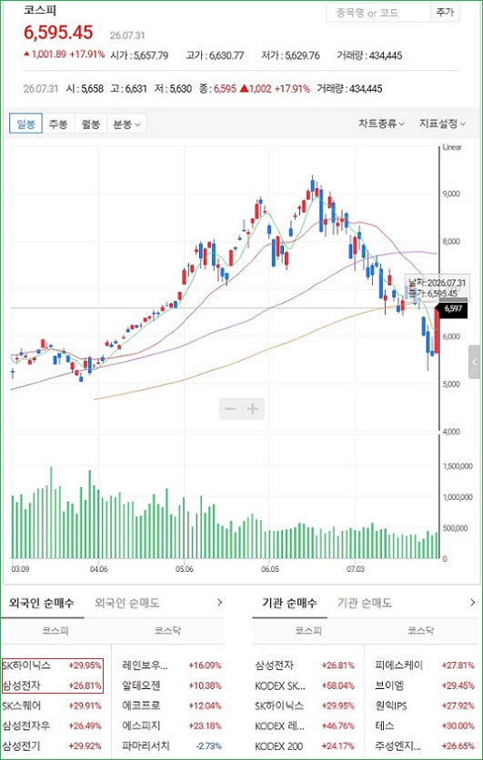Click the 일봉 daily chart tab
point(26,124)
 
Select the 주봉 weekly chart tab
point(58,124)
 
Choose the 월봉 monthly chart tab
point(91,124)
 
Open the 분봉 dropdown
point(126,124)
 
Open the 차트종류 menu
point(381,124)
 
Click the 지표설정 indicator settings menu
point(442,124)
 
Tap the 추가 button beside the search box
point(445,13)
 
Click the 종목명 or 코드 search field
point(378,13)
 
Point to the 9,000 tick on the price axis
point(451,194)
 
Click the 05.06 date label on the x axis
point(184,568)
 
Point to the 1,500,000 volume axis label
point(458,466)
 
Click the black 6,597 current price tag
point(452,308)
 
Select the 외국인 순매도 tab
point(127,603)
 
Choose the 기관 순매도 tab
point(365,603)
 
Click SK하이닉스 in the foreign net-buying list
point(26,665)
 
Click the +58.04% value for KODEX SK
point(338,685)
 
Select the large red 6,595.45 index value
point(58,33)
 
